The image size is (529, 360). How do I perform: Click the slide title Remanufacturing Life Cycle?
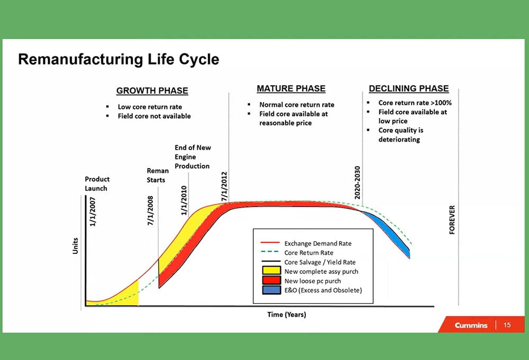(x=118, y=59)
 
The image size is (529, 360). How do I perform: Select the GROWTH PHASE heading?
(x=152, y=91)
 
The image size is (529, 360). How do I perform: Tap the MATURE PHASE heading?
(x=291, y=88)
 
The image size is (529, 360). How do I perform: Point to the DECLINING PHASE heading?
(x=408, y=89)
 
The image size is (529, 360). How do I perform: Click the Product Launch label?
(x=97, y=183)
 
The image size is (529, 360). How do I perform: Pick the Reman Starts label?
(x=157, y=175)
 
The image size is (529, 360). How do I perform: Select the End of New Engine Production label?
(x=192, y=156)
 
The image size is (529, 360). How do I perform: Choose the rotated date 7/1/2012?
(x=224, y=184)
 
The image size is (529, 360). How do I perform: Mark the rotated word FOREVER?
(x=452, y=221)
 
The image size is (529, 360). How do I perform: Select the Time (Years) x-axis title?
(x=286, y=315)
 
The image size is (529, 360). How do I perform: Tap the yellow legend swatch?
(x=270, y=271)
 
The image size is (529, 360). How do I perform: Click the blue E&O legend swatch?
(x=270, y=290)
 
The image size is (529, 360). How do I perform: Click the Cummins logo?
(x=471, y=325)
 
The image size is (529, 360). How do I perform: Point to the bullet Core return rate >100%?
(x=414, y=103)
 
